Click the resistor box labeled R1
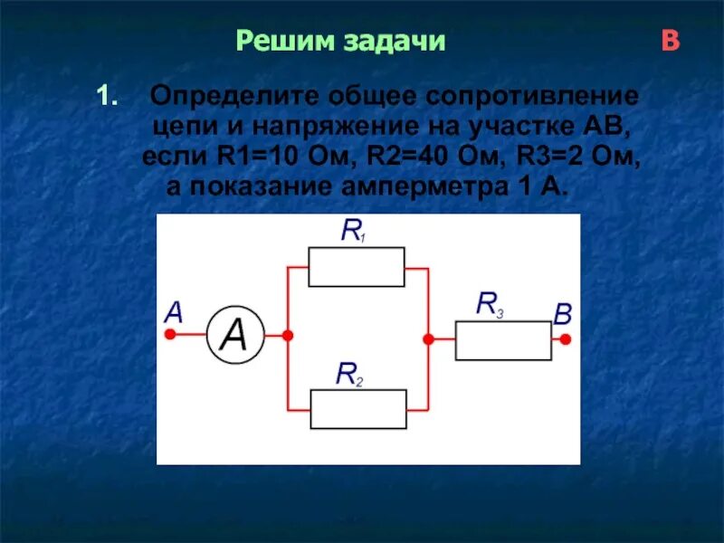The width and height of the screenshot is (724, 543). point(357,268)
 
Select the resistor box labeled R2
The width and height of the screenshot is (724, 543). point(358,408)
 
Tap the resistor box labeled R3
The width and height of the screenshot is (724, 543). point(503,340)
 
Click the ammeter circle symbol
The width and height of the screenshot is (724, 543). point(234,336)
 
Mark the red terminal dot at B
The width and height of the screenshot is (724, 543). point(565,340)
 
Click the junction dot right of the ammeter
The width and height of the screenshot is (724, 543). point(288,336)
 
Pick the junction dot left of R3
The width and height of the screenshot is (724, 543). point(428,338)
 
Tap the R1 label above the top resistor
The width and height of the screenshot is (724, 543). point(352,232)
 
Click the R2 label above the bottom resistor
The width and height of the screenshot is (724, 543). point(348,372)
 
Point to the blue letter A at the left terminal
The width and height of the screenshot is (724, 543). point(173,313)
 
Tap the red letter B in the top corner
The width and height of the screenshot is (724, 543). point(671,42)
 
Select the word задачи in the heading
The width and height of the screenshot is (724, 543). point(394,42)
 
